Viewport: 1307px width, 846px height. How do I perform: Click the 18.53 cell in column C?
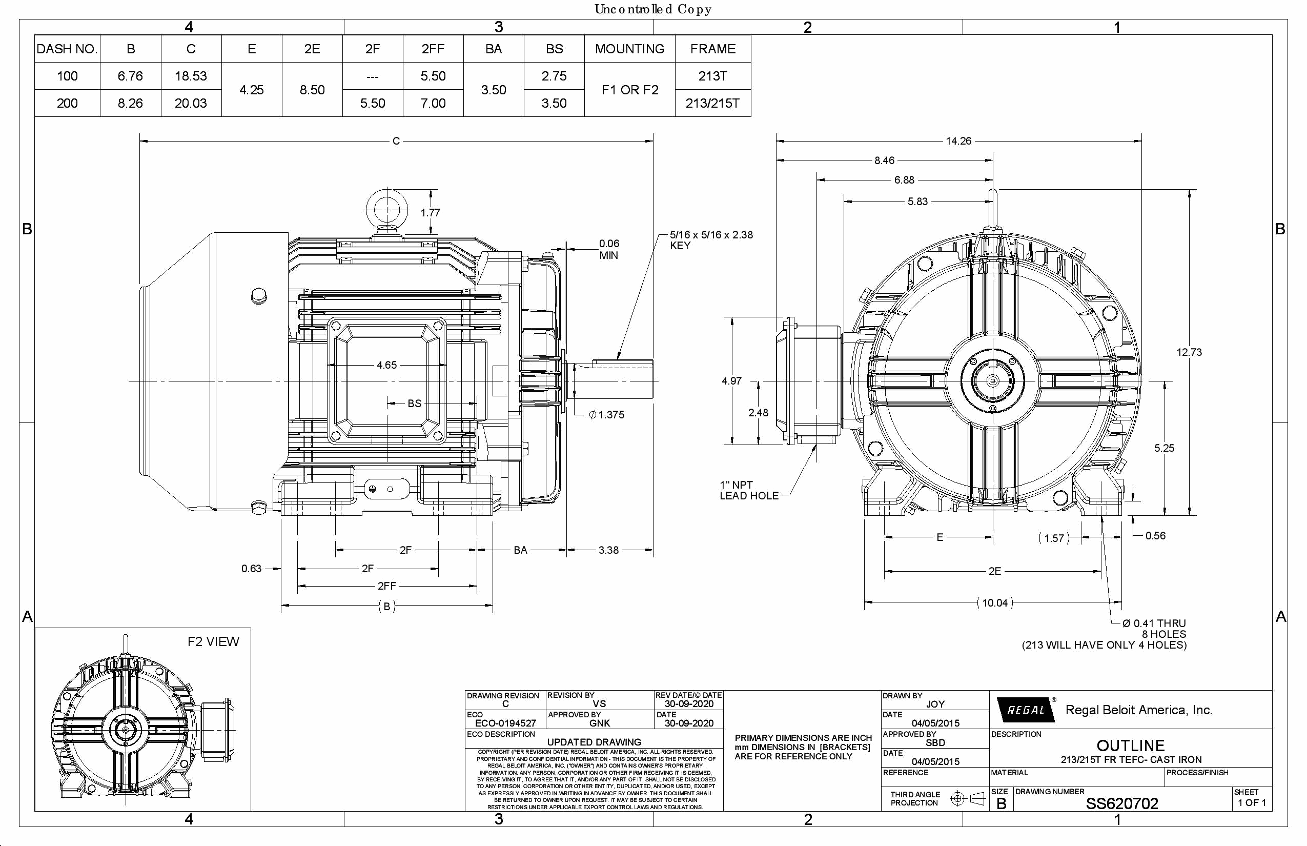[x=191, y=76]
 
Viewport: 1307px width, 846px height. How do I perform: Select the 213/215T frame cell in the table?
[x=712, y=103]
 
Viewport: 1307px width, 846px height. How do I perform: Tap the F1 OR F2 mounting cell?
[x=629, y=90]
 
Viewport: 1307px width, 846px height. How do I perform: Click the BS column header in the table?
[x=554, y=49]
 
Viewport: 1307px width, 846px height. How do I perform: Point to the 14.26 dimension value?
[x=958, y=141]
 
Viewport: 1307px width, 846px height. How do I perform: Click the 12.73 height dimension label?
[x=1189, y=352]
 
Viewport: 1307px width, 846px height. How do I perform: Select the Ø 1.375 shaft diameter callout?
[x=606, y=415]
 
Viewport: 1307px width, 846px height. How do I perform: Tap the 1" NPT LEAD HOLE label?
[x=748, y=490]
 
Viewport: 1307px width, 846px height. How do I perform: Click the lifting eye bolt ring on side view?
[x=386, y=209]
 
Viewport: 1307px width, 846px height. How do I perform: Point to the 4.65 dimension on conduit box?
[x=386, y=365]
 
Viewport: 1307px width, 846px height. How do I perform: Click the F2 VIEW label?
[x=213, y=641]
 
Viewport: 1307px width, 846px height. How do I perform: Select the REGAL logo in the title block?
[x=1025, y=710]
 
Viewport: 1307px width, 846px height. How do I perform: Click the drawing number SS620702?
[x=1121, y=804]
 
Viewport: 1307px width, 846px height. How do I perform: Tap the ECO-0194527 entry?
[x=505, y=723]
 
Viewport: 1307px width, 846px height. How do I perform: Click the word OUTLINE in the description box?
[x=1130, y=746]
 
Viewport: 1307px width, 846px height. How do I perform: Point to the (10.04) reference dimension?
[x=994, y=602]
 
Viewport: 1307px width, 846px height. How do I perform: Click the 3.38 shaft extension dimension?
[x=608, y=550]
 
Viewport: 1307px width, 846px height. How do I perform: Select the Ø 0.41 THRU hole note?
[x=1153, y=623]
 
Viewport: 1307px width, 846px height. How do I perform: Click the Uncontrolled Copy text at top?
[x=653, y=9]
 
